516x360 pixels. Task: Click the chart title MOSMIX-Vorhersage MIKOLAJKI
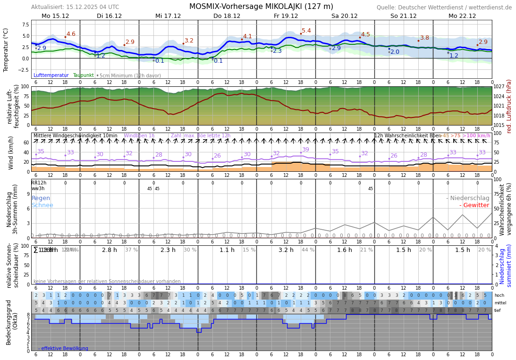[x=261, y=7]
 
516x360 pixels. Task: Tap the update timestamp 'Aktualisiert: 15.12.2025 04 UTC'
[x=75, y=7]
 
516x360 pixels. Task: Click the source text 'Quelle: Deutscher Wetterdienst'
[x=444, y=8]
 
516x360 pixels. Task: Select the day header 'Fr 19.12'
[x=286, y=16]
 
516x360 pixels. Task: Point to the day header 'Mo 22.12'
[x=462, y=16]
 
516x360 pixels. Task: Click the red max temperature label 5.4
[x=306, y=31]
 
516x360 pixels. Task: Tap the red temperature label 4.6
[x=71, y=34]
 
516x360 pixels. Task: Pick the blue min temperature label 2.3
[x=277, y=51]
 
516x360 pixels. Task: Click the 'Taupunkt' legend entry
[x=83, y=75]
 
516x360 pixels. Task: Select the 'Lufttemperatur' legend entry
[x=51, y=75]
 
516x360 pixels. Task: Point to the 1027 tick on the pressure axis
[x=499, y=87]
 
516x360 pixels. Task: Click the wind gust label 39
[x=305, y=150]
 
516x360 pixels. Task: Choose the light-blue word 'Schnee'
[x=42, y=205]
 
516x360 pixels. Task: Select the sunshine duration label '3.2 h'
[x=286, y=250]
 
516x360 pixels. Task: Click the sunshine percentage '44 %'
[x=308, y=250]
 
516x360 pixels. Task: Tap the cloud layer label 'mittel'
[x=500, y=303]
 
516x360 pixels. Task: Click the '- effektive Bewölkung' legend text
[x=63, y=348]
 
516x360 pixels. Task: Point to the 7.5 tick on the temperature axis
[x=24, y=25]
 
